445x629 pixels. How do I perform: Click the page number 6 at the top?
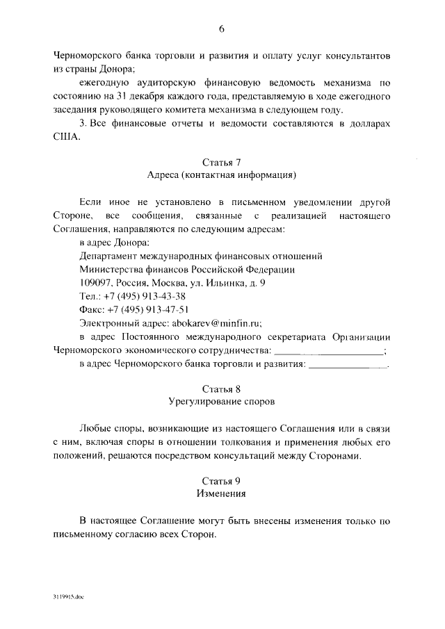[221, 28]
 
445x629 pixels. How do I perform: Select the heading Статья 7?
[221, 162]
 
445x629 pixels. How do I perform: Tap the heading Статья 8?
[221, 389]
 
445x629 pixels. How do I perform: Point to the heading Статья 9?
[221, 481]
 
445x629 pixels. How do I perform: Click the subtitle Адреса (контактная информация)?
[222, 175]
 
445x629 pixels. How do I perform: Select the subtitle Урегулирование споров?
[222, 402]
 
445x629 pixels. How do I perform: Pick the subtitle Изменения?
[222, 494]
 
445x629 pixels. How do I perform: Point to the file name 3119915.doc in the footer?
[67, 597]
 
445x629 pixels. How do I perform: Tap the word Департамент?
[109, 256]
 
